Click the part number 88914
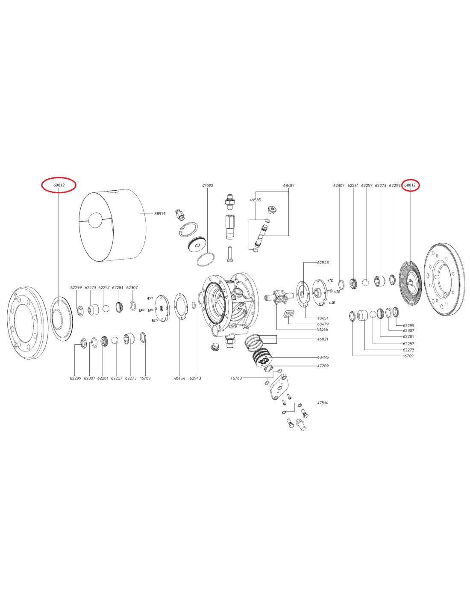(x=160, y=213)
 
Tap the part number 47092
(x=208, y=185)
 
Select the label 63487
(x=289, y=185)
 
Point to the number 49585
(x=255, y=200)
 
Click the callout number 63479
(x=323, y=324)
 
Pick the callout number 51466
(x=323, y=330)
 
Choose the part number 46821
(x=323, y=339)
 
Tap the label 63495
(x=323, y=357)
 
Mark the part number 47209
(x=323, y=366)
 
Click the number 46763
(x=236, y=378)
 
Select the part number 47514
(x=323, y=403)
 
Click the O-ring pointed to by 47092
(x=206, y=260)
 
